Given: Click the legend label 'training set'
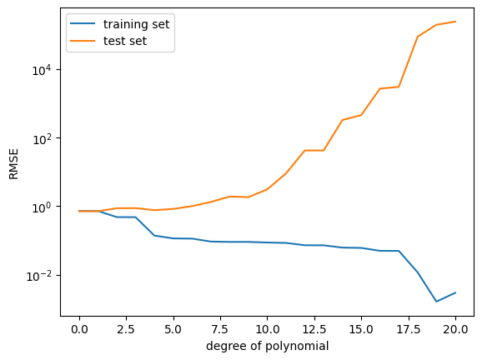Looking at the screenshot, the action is tap(136, 24).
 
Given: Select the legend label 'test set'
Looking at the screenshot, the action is tap(125, 41).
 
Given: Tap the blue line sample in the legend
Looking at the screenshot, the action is tap(83, 23).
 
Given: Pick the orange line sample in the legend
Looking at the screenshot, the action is tap(83, 41).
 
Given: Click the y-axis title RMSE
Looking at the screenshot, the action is tap(14, 164).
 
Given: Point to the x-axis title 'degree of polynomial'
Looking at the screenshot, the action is tap(267, 346).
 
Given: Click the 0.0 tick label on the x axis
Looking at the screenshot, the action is tap(79, 330).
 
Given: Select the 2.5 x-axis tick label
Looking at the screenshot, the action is tap(127, 330).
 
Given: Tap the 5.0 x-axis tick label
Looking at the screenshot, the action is tap(173, 330).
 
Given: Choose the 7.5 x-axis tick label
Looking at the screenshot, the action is tap(220, 330).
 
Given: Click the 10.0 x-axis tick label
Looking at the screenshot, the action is tap(267, 330).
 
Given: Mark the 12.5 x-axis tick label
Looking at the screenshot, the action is tap(314, 330).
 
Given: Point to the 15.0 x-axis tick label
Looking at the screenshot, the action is tap(361, 330).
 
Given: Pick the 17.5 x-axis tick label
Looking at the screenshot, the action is tap(409, 330).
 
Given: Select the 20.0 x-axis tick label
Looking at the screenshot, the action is tap(455, 330).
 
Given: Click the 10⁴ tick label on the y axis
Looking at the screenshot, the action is tap(42, 70).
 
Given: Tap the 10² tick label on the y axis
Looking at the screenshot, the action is tap(42, 139).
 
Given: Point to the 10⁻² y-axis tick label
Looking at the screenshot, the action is tap(38, 276).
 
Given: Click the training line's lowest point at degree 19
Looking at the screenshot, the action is tap(436, 302).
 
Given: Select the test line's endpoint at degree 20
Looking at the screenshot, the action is tap(455, 22).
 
